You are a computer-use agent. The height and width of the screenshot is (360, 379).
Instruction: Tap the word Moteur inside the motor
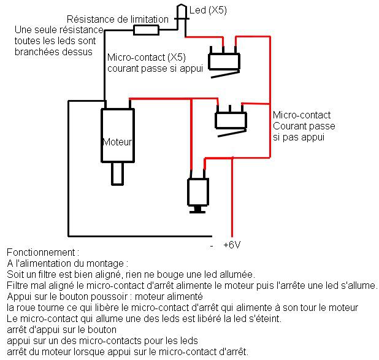(x=117, y=142)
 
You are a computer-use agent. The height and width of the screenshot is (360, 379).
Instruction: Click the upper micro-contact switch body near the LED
(x=224, y=61)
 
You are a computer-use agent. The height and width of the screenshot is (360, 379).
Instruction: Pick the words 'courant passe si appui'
(x=155, y=68)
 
